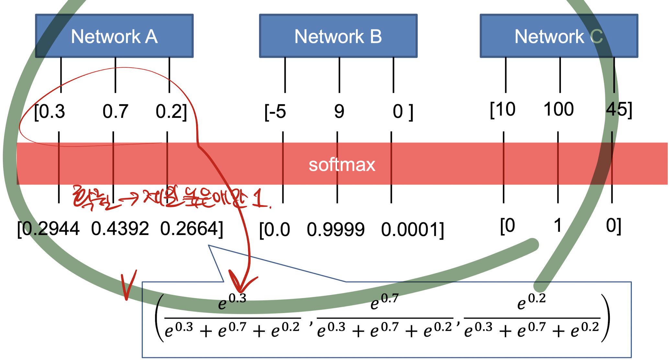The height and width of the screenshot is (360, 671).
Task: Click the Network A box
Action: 114,36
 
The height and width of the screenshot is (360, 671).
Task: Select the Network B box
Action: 338,36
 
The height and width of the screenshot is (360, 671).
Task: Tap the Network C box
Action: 559,36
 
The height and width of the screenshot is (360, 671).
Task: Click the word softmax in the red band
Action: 342,165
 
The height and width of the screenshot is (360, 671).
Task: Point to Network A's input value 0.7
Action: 115,111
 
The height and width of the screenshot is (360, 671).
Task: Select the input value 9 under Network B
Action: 339,112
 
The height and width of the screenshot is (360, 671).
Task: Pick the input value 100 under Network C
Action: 558,109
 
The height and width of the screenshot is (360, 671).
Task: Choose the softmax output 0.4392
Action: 120,229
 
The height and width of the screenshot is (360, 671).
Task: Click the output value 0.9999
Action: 335,230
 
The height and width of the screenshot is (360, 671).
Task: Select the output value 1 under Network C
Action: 557,225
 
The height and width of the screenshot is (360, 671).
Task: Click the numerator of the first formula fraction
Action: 232,302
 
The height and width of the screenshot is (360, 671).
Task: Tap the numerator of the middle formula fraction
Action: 384,302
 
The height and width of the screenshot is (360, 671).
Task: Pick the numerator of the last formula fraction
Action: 531,302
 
